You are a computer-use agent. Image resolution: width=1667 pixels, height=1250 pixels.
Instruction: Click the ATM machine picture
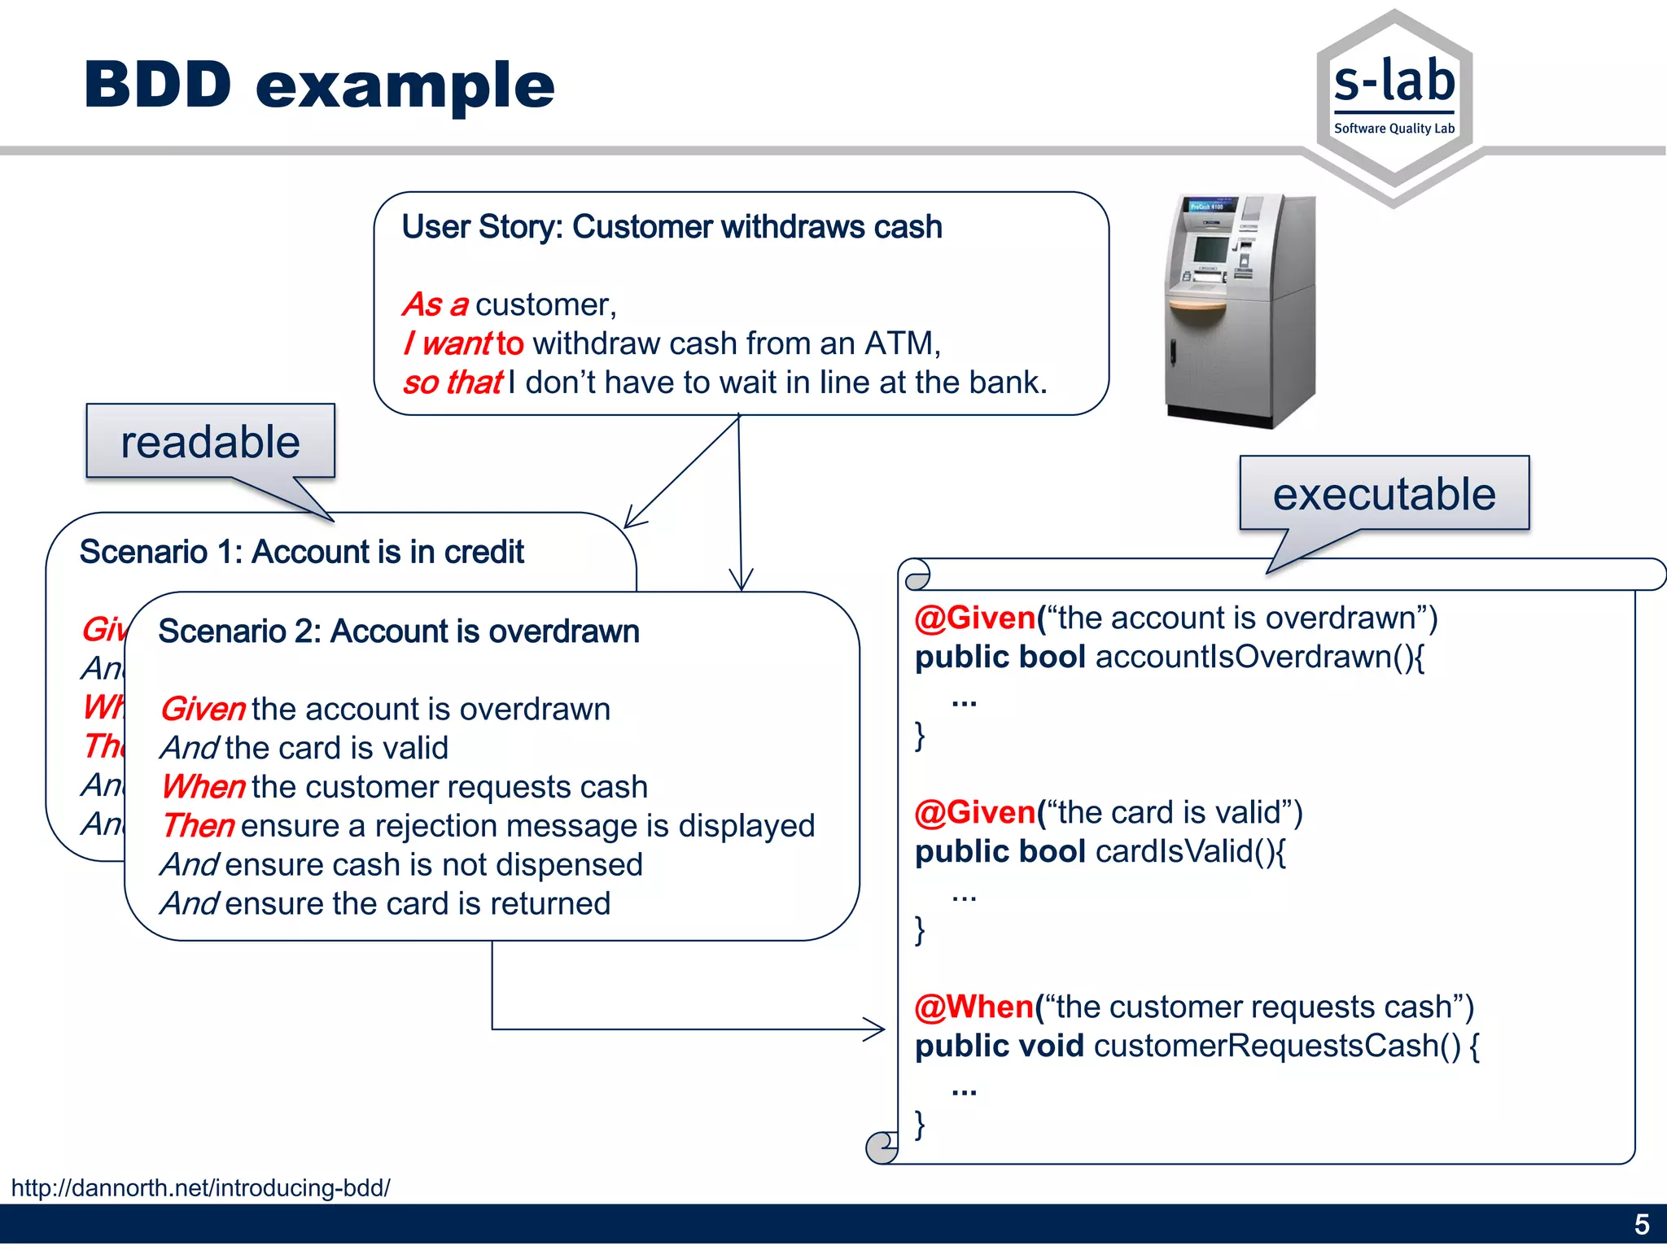click(x=1239, y=311)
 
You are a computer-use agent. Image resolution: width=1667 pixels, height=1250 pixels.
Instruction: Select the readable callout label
click(x=210, y=442)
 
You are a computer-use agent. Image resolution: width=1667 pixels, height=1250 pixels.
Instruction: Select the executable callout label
click(x=1384, y=494)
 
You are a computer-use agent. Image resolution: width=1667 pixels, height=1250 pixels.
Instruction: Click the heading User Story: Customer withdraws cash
click(x=672, y=227)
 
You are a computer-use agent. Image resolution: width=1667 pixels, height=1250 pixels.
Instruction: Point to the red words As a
click(x=435, y=304)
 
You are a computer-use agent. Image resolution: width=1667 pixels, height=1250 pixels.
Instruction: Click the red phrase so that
click(x=453, y=382)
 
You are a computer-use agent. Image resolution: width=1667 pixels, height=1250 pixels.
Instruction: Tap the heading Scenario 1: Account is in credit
click(x=301, y=552)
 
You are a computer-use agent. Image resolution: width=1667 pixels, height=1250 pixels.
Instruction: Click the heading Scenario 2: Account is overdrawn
click(x=399, y=632)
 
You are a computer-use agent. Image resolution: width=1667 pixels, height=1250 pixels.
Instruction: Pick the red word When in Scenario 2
click(x=203, y=787)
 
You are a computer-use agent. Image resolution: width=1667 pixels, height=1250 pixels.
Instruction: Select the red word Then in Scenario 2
click(x=198, y=826)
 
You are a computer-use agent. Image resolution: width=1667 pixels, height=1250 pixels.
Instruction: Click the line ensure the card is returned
click(x=417, y=904)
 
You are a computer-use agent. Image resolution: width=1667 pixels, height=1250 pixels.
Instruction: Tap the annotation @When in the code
click(x=974, y=1007)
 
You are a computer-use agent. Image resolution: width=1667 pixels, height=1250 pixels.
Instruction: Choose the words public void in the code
click(x=999, y=1047)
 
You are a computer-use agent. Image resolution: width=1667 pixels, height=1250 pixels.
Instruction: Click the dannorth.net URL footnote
click(x=201, y=1188)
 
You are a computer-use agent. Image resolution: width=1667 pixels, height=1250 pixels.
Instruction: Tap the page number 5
click(x=1641, y=1225)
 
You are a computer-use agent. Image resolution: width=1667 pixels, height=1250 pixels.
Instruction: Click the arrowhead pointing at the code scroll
click(x=876, y=1029)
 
